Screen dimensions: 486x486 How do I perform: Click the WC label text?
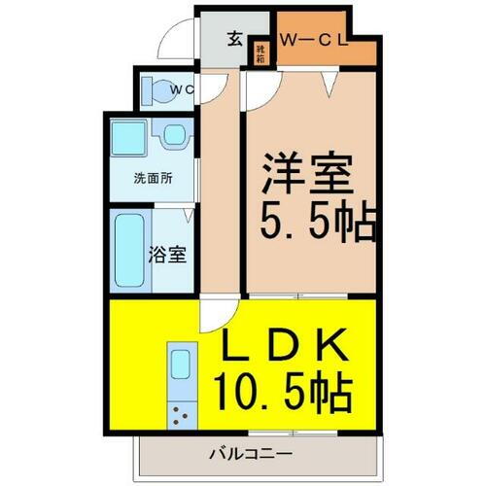(x=184, y=90)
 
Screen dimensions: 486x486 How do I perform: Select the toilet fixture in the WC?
(x=155, y=90)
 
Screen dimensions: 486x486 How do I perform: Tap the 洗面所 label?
(x=153, y=178)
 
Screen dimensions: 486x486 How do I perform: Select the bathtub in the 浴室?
(x=129, y=251)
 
